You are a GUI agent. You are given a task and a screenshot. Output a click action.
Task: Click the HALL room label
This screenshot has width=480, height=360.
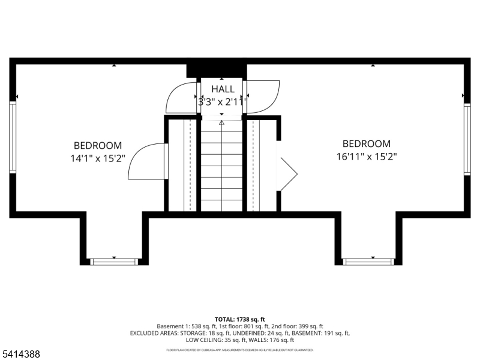[x=223, y=89]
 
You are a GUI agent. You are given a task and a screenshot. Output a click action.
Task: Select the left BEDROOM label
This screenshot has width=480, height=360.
[x=98, y=145]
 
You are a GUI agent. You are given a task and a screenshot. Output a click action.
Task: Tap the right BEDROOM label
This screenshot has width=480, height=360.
[x=366, y=143]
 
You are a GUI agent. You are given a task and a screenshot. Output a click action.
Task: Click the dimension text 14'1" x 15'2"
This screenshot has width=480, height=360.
[x=98, y=159]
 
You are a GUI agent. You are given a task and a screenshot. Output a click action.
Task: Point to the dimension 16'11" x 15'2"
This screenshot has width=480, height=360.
[x=366, y=157]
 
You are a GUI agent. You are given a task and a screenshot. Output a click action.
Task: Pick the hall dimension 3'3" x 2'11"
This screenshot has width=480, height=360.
[x=223, y=102]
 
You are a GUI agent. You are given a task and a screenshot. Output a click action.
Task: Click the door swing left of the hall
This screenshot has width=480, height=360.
[x=181, y=97]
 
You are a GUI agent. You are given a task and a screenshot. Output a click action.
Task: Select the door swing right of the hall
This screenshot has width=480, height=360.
[x=263, y=96]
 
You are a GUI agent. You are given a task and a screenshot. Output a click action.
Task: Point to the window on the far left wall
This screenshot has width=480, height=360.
[x=13, y=137]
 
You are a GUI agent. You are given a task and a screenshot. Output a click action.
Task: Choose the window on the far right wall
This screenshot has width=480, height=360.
[x=467, y=139]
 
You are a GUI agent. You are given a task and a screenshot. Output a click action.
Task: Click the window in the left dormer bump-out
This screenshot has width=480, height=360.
[x=114, y=261]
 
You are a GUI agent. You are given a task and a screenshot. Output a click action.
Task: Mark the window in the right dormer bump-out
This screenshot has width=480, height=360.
[x=368, y=261]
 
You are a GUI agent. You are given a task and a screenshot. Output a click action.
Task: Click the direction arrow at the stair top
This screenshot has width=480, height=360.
[x=222, y=123]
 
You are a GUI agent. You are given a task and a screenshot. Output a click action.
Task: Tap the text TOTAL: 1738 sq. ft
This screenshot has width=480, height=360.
[x=239, y=319]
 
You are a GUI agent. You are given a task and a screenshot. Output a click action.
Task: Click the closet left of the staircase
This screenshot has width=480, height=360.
[x=182, y=165]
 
